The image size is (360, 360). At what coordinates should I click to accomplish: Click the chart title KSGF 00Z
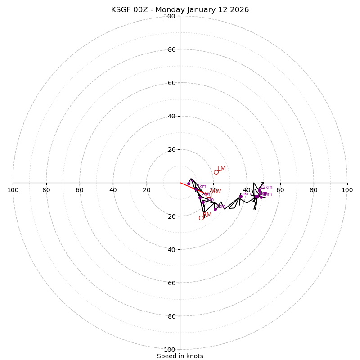[x=180, y=10]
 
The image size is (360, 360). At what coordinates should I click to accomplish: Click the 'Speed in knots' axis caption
[x=180, y=356]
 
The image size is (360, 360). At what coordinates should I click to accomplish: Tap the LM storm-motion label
[x=221, y=169]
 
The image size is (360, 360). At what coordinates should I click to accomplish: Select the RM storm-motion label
[x=207, y=215]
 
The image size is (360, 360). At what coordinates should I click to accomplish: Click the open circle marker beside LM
[x=216, y=172]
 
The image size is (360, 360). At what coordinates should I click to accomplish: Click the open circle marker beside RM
[x=201, y=218]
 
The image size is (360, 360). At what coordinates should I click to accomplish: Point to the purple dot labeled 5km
[x=241, y=196]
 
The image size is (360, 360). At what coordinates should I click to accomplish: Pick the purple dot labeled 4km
[x=215, y=209]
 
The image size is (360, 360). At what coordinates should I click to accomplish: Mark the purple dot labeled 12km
[x=259, y=189]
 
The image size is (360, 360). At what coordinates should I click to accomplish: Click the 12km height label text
[x=266, y=187]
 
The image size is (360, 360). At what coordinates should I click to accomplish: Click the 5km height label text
[x=246, y=194]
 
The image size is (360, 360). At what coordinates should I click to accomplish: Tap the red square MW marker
[x=209, y=195]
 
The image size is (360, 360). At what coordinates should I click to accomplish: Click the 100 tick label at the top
[x=170, y=16]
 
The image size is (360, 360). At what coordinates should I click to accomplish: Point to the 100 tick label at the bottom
[x=170, y=349]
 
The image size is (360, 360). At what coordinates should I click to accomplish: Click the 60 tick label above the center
[x=171, y=83]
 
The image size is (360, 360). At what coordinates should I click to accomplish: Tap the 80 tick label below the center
[x=171, y=316]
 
